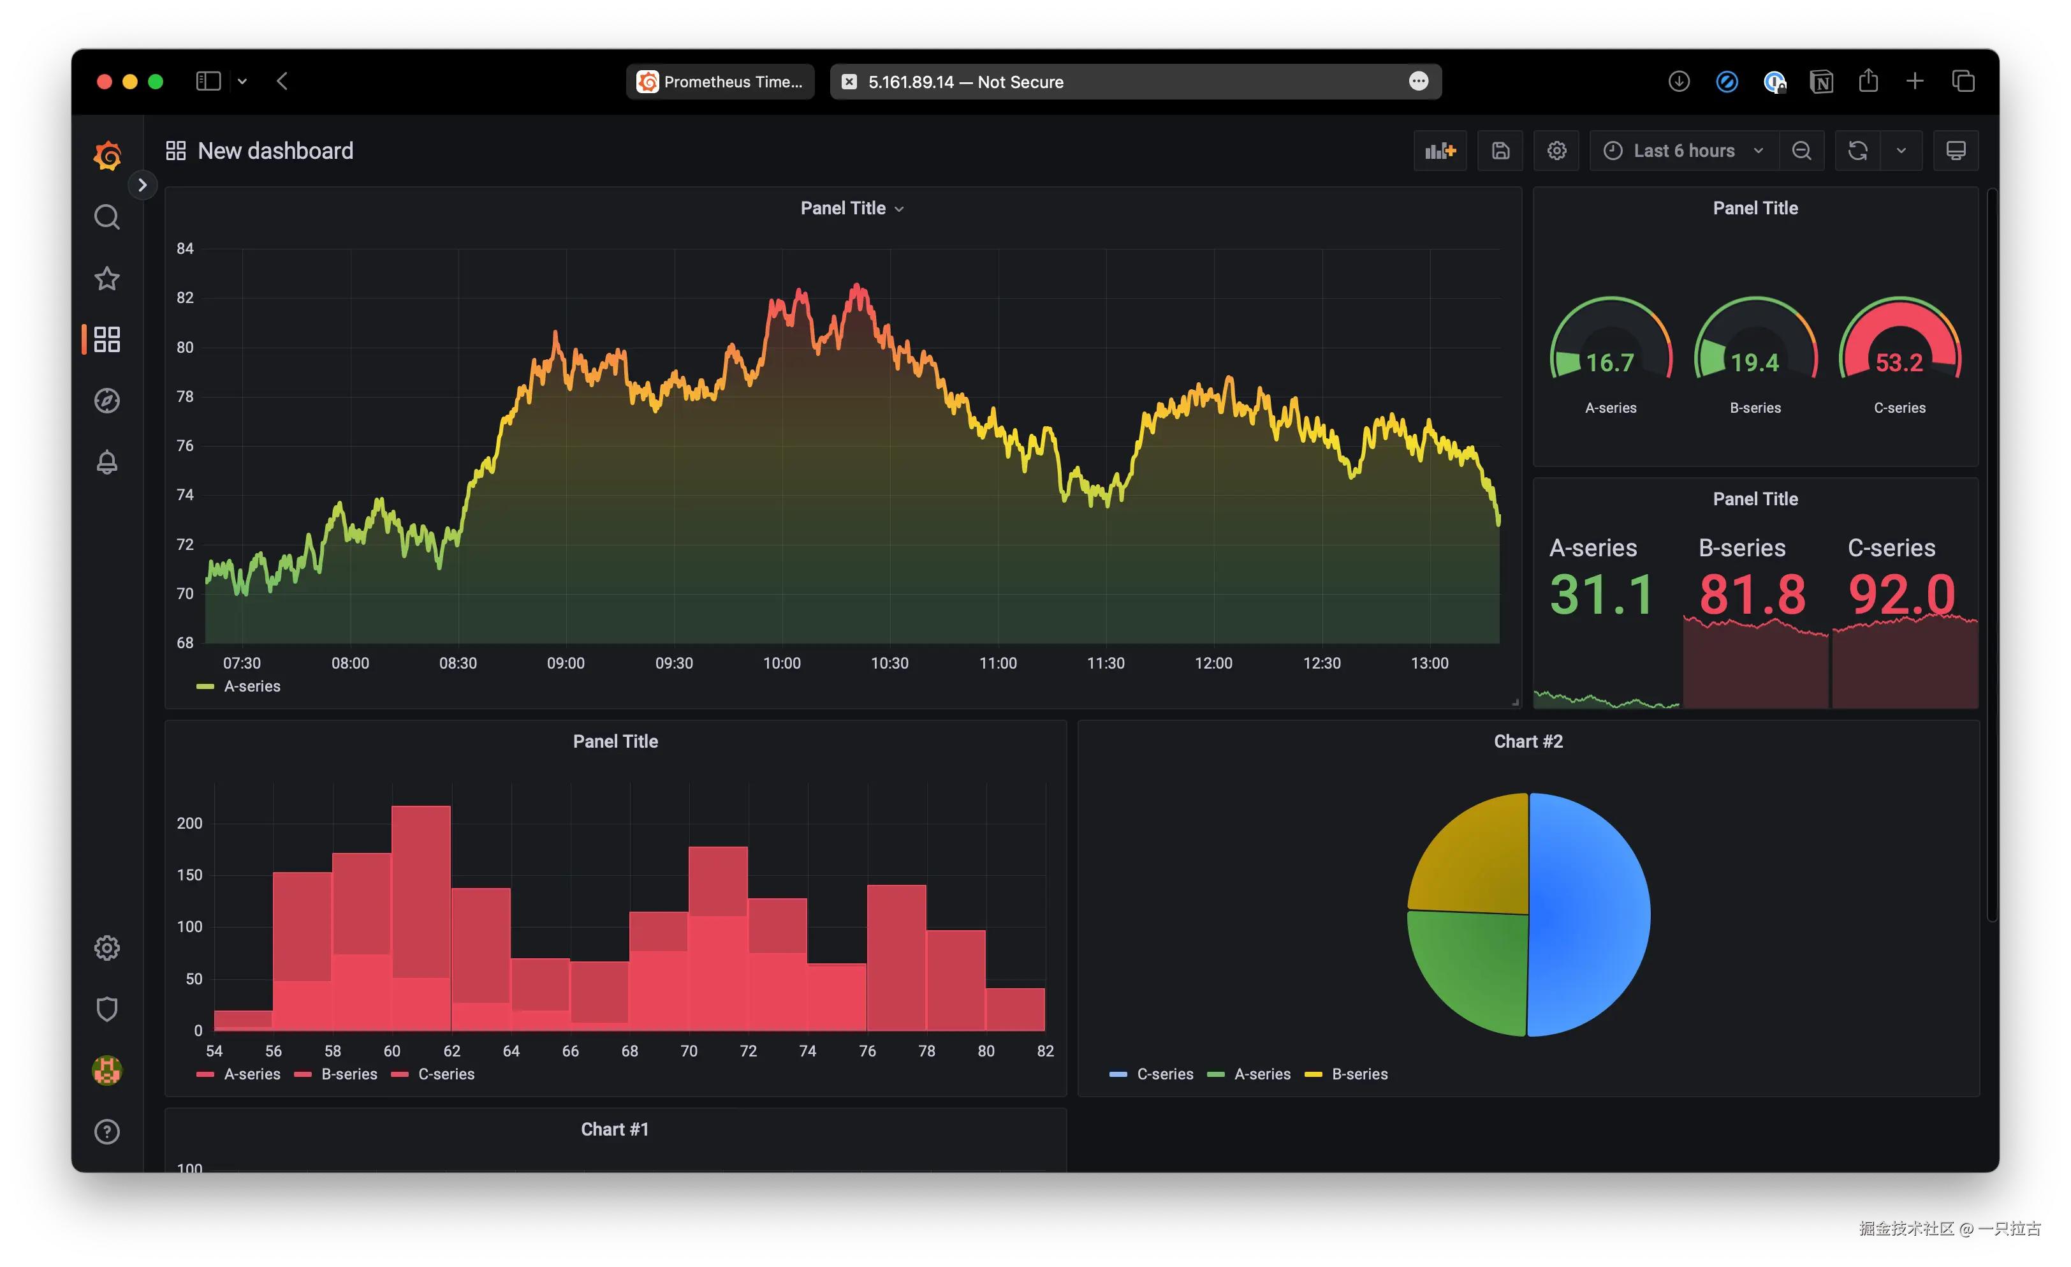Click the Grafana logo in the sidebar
pyautogui.click(x=106, y=156)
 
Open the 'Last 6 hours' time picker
pyautogui.click(x=1683, y=151)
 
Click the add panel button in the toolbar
pyautogui.click(x=1440, y=151)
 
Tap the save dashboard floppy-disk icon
pyautogui.click(x=1500, y=151)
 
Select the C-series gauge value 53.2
pyautogui.click(x=1899, y=362)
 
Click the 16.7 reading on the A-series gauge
pyautogui.click(x=1609, y=362)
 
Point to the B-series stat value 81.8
pyautogui.click(x=1752, y=595)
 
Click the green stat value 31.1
pyautogui.click(x=1602, y=595)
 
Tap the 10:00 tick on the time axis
pyautogui.click(x=782, y=662)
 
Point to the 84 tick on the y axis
pyautogui.click(x=185, y=248)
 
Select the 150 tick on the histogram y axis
pyautogui.click(x=189, y=875)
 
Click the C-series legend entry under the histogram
pyautogui.click(x=446, y=1074)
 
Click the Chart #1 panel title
pyautogui.click(x=615, y=1129)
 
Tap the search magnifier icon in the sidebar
pyautogui.click(x=106, y=217)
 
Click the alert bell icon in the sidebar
pyautogui.click(x=106, y=461)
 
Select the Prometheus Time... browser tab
pyautogui.click(x=721, y=82)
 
